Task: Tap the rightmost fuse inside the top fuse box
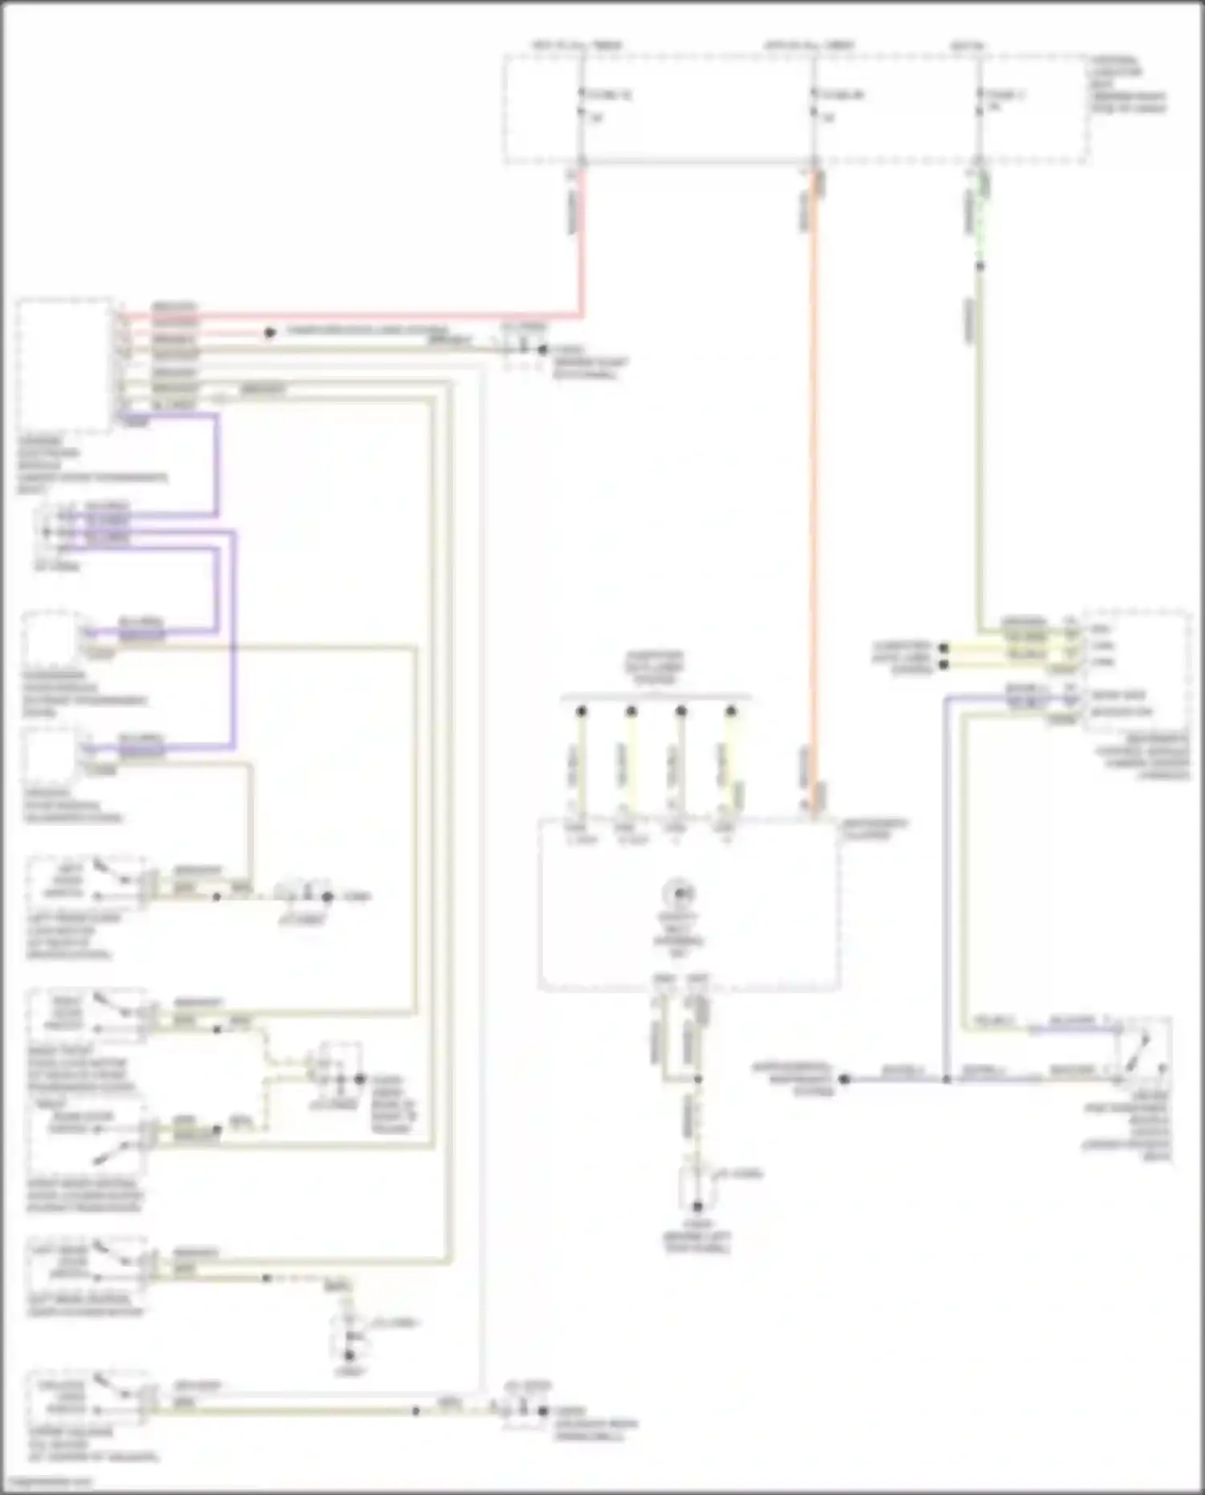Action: (x=979, y=105)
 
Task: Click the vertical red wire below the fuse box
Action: (x=582, y=241)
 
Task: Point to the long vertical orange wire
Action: (x=813, y=482)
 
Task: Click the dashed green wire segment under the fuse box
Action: (x=979, y=225)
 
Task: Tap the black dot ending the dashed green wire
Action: (x=979, y=265)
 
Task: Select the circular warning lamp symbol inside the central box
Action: (x=679, y=893)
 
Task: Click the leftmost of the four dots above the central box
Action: (x=582, y=711)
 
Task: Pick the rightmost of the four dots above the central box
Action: (x=730, y=711)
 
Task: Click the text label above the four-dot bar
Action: (x=655, y=668)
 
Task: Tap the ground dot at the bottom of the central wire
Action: (x=697, y=1206)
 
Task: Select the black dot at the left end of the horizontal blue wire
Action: (x=844, y=1079)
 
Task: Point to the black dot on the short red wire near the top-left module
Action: (x=270, y=332)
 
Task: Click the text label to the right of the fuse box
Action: (x=1128, y=84)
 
